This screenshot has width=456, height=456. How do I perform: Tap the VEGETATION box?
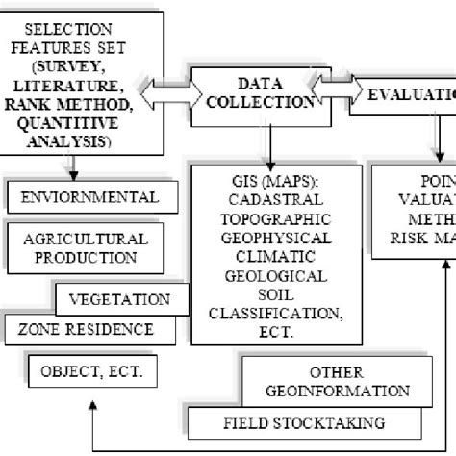pos(119,299)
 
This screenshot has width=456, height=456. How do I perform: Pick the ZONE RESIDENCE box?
pos(85,329)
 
